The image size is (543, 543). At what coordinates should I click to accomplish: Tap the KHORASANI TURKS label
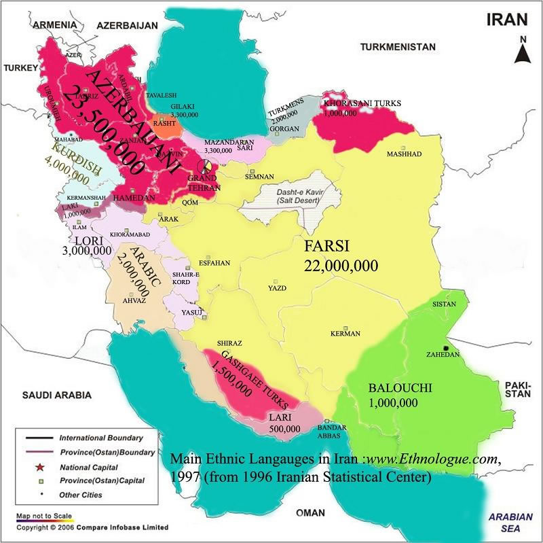[x=362, y=103]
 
